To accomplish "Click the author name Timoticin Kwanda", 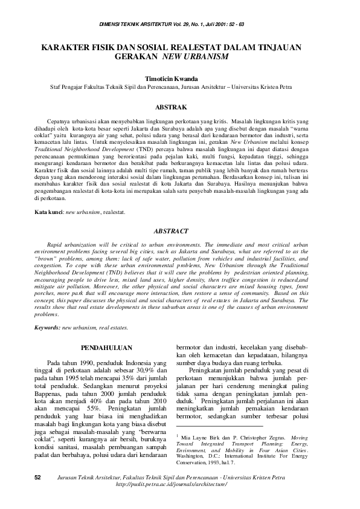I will click(179, 79).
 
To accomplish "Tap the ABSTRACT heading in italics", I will click(179, 231).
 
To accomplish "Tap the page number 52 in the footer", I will click(37, 494).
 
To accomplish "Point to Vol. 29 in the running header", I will click(202, 23).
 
